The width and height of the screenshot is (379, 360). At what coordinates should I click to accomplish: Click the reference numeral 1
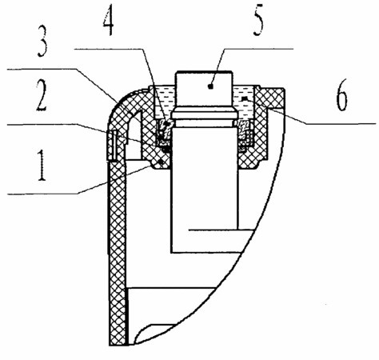pos(41,165)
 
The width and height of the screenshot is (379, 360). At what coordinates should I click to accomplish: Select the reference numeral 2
pos(42,96)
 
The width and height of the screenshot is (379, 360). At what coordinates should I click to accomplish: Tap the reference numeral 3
pos(42,42)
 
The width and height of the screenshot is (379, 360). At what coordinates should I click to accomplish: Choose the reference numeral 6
pos(341,95)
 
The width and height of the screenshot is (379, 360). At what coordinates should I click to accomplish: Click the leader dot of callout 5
pos(211,86)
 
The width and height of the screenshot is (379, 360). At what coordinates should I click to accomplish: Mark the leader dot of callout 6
pos(244,99)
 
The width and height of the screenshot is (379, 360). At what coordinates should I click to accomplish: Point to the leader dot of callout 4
pos(166,124)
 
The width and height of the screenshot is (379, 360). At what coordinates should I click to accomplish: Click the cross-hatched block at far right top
pos(270,98)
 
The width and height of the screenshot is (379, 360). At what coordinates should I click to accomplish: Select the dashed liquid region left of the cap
pos(165,102)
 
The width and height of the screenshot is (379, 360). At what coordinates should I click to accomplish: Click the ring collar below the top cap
pos(205,116)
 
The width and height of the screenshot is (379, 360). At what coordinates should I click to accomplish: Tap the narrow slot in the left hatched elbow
pos(115,144)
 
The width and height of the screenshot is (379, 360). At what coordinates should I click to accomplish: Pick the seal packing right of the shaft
pos(245,130)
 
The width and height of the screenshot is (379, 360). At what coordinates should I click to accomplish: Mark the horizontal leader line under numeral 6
pos(341,124)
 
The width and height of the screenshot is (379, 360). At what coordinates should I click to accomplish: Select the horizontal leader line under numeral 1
pos(42,194)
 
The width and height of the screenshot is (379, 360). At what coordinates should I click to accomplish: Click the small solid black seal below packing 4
pos(166,150)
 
